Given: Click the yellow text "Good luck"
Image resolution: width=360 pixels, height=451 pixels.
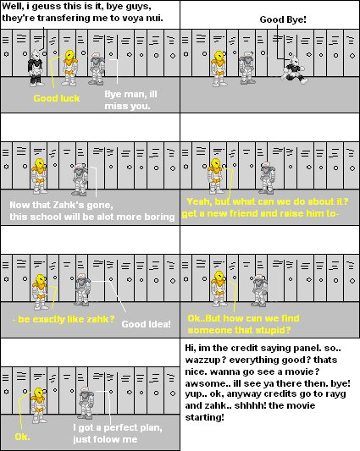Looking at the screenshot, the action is click(x=57, y=98).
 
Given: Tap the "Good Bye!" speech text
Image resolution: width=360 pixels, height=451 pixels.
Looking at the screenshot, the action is click(x=283, y=19).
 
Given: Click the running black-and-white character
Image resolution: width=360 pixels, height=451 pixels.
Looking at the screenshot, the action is click(x=294, y=71).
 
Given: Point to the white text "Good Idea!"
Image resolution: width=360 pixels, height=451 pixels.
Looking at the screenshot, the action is click(x=146, y=324).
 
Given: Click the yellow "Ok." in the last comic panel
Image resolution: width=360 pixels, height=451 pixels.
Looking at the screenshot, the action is click(x=23, y=437).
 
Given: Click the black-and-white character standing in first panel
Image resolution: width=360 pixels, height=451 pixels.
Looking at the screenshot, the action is click(x=36, y=68).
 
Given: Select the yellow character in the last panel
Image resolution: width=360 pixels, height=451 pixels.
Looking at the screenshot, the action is click(x=38, y=405).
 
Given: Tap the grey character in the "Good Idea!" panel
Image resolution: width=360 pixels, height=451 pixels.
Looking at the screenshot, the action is click(x=82, y=289).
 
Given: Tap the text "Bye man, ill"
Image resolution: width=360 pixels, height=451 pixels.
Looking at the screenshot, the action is click(x=130, y=94).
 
